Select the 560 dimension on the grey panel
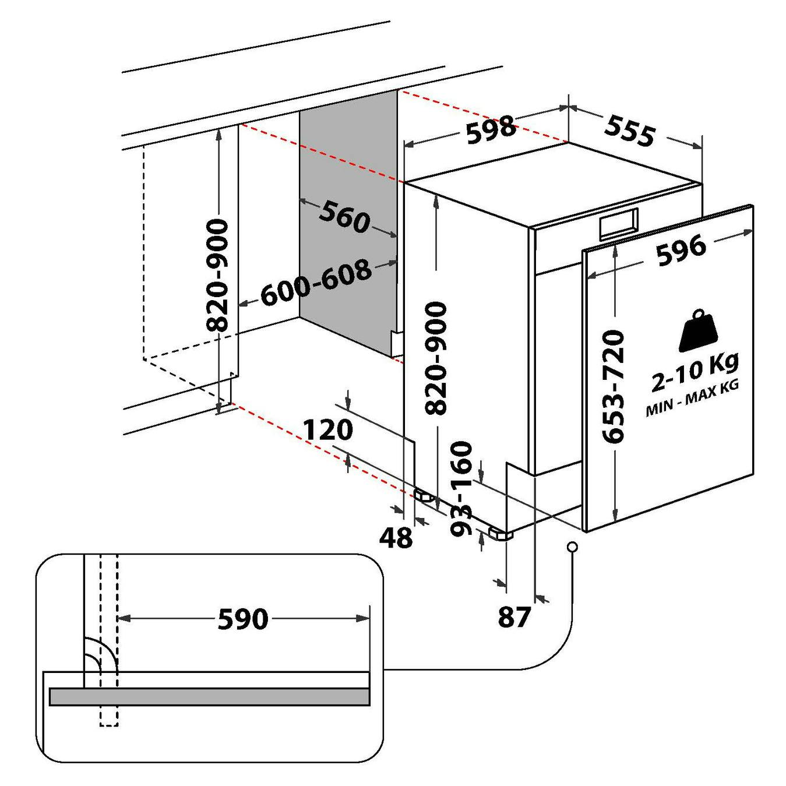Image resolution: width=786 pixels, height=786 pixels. [x=345, y=217]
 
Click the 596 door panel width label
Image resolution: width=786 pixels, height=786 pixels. [x=682, y=249]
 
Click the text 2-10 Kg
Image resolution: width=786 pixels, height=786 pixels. [x=695, y=372]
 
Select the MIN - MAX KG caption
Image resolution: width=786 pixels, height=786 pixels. [x=692, y=401]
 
